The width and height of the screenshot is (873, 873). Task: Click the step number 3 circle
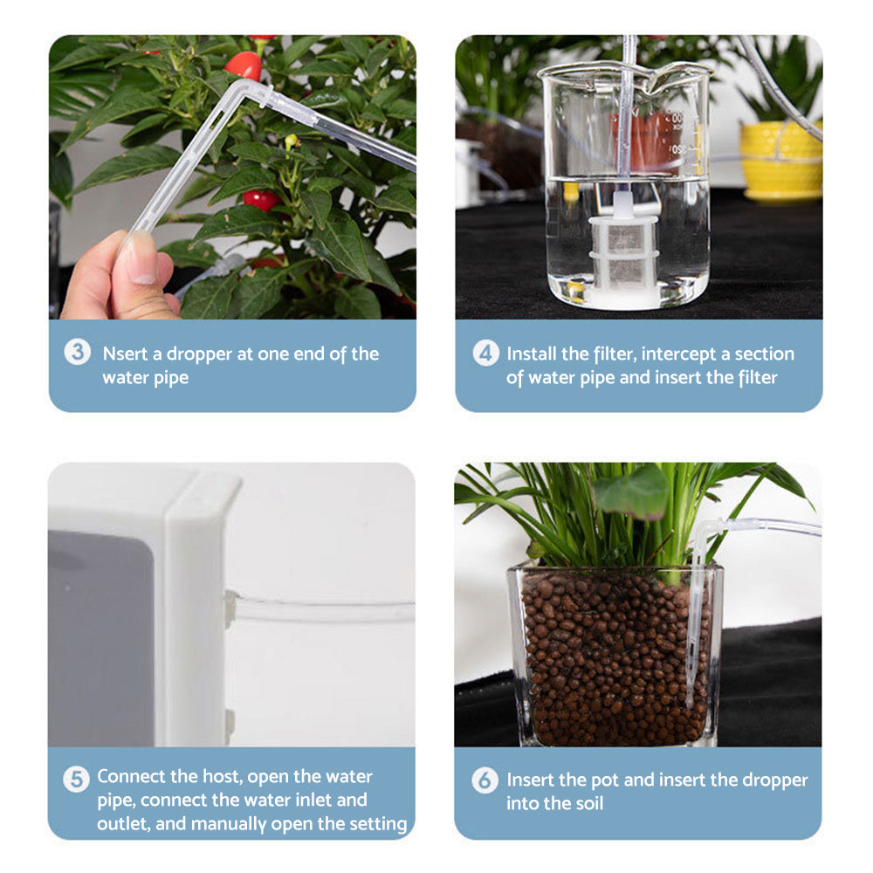pos(78,353)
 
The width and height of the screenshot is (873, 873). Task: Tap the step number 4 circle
pos(486,353)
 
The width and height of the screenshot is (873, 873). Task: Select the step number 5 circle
pos(77,778)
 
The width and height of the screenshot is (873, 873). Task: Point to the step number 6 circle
pos(485,780)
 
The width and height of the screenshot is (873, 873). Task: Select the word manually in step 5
pos(226,823)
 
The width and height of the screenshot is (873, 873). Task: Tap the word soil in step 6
pos(581,803)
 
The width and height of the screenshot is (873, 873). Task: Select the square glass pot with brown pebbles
pos(615,655)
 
